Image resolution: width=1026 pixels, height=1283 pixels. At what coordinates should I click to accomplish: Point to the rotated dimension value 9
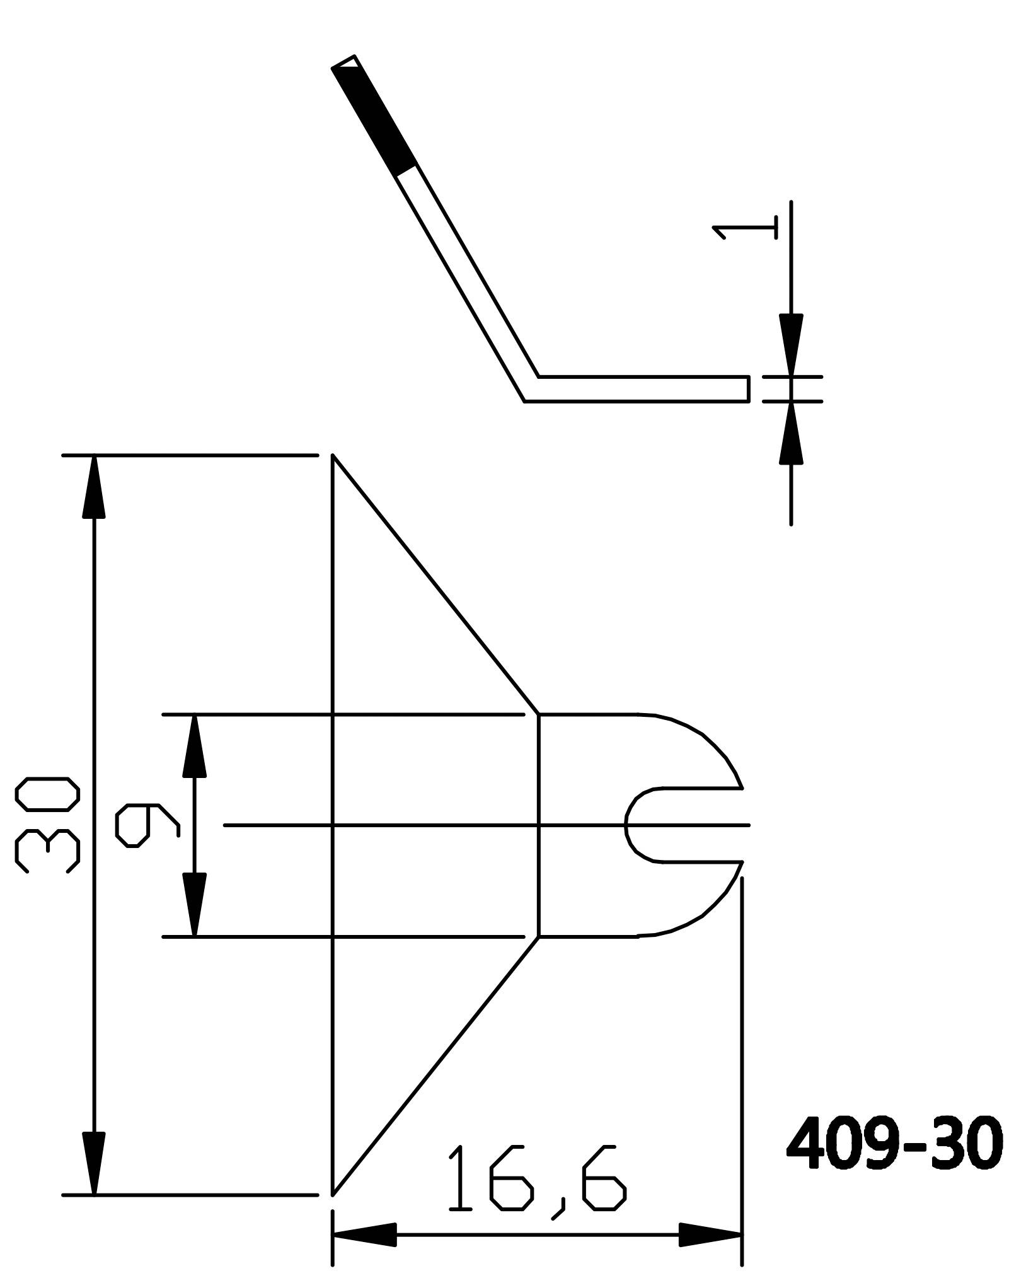pyautogui.click(x=146, y=825)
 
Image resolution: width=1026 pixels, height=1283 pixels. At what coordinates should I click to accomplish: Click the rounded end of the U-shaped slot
pyautogui.click(x=628, y=825)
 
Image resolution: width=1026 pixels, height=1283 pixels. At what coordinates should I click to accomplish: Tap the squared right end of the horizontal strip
pyautogui.click(x=748, y=388)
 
